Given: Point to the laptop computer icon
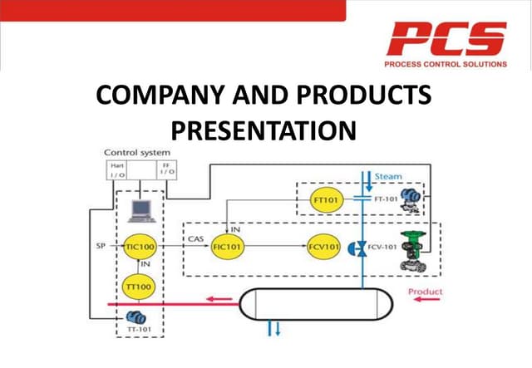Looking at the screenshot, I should [139, 209].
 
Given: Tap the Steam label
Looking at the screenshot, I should [388, 177].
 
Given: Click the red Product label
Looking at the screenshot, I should [425, 292].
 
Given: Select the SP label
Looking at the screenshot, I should [98, 247].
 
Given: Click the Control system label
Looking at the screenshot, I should [135, 153].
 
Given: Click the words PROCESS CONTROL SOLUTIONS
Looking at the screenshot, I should [447, 63].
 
